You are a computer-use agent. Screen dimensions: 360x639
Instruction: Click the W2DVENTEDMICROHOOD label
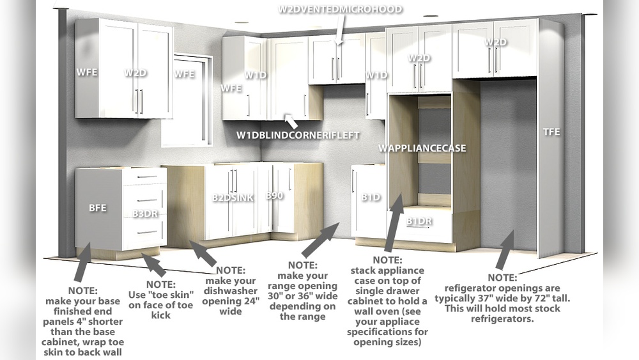coord(341,9)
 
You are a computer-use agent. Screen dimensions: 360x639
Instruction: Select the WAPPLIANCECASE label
coord(422,148)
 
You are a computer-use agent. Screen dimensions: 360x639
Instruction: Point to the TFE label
coord(551,132)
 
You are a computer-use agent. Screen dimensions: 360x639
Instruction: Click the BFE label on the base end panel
coord(97,208)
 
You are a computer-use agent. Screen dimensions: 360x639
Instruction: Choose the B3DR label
coord(142,214)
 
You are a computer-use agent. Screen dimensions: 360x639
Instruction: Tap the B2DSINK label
coord(233,198)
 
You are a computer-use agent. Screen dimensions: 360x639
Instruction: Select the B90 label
coord(275,195)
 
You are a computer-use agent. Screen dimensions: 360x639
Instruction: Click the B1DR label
coord(420,221)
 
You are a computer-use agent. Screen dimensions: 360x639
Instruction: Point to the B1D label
coord(371,198)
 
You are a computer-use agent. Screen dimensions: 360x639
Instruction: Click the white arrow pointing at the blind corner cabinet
coord(291,121)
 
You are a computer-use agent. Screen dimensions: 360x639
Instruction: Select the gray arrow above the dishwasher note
coord(203,253)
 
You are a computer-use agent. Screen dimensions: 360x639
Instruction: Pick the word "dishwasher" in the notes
coord(231,291)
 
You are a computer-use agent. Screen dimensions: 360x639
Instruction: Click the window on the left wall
coord(187,100)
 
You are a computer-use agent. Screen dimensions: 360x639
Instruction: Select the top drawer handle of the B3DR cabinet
coord(147,176)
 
